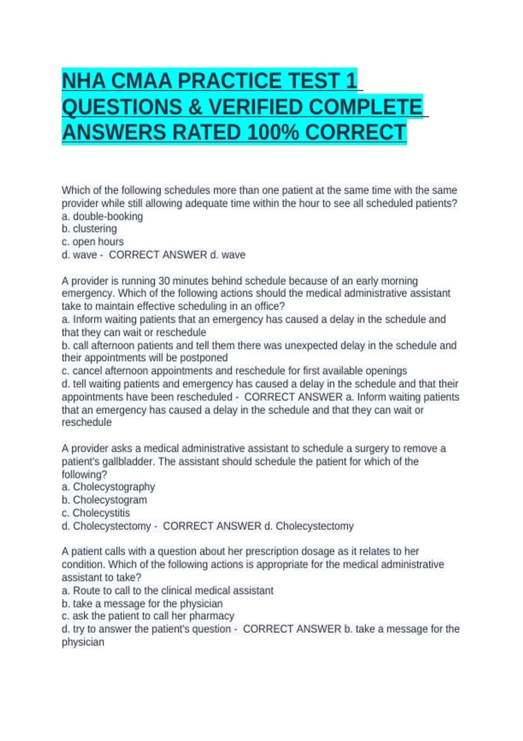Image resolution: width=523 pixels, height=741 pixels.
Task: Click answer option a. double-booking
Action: point(102,216)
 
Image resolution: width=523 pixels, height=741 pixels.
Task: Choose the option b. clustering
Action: point(89,229)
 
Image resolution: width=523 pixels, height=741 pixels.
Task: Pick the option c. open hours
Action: point(93,241)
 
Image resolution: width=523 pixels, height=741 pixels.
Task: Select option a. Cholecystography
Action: point(109,487)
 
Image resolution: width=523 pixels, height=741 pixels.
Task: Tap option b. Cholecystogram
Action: point(105,500)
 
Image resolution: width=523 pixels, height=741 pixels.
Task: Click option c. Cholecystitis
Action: point(96,513)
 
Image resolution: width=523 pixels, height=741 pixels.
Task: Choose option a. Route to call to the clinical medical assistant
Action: point(168,591)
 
